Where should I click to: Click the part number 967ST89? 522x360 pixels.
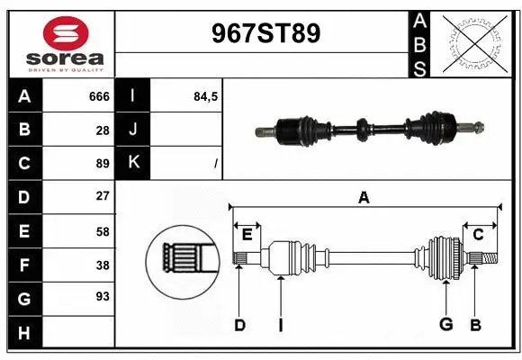pyautogui.click(x=265, y=34)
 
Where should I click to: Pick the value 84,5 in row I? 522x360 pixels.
pyautogui.click(x=206, y=96)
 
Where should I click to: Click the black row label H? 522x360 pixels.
pyautogui.click(x=24, y=333)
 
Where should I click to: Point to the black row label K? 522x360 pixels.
pyautogui.click(x=133, y=163)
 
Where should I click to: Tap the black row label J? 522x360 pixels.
pyautogui.click(x=133, y=130)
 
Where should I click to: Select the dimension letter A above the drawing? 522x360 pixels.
pyautogui.click(x=364, y=198)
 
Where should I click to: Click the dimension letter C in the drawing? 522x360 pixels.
pyautogui.click(x=479, y=235)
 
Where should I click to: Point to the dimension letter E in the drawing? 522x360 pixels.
pyautogui.click(x=247, y=235)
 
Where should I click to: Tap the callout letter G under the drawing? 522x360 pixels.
pyautogui.click(x=445, y=325)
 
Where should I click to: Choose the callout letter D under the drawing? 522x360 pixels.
pyautogui.click(x=239, y=325)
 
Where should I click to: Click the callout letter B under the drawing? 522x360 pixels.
pyautogui.click(x=475, y=325)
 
